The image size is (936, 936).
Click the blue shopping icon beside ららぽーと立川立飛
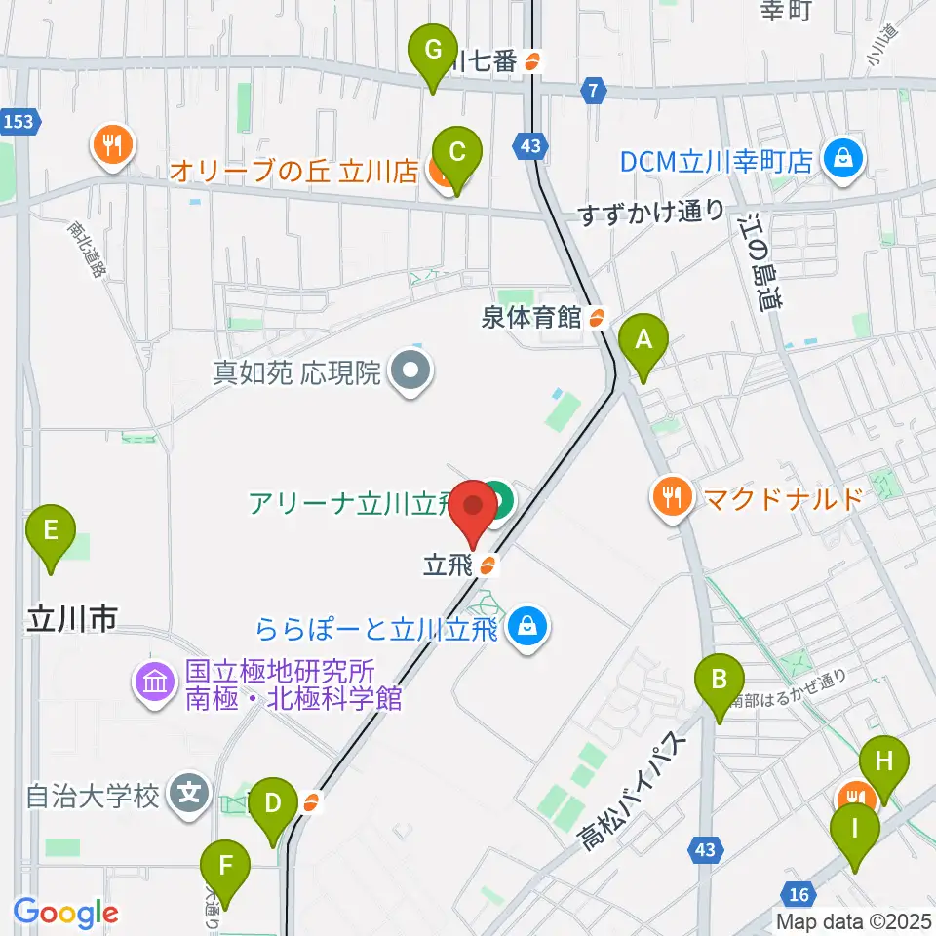(x=527, y=626)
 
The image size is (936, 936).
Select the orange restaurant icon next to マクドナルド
(x=673, y=497)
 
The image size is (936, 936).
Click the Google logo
(x=65, y=913)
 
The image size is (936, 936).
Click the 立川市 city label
(x=73, y=617)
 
